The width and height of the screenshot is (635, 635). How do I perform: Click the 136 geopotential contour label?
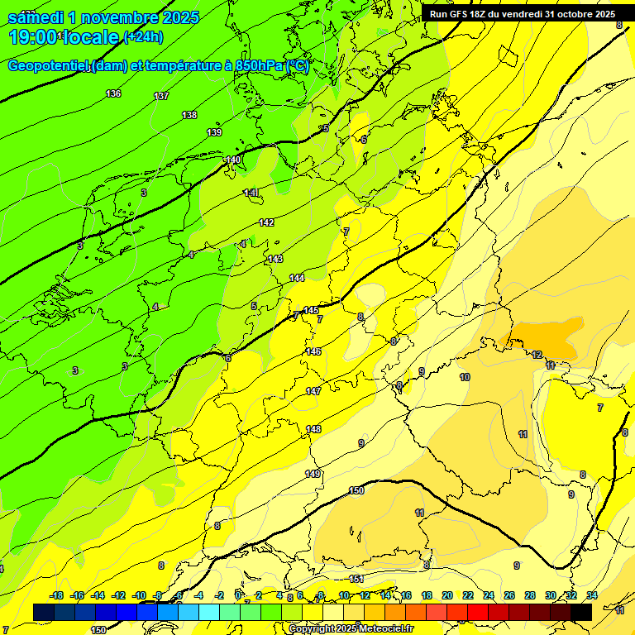coord(113,93)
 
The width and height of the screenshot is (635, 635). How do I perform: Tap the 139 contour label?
coord(214,132)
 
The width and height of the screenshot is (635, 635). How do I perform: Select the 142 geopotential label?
coord(266,222)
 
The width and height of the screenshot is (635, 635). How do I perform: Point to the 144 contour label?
coord(297,278)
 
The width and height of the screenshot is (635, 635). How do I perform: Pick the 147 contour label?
coord(313,391)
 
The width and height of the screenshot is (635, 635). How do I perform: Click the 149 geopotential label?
coord(312,474)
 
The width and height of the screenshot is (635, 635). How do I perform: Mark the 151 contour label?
coord(356,579)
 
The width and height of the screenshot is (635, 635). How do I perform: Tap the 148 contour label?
coord(313,429)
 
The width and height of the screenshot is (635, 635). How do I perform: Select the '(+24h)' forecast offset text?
coord(144,37)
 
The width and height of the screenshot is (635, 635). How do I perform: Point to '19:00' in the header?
coord(34,37)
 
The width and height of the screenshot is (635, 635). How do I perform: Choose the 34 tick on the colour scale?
coord(591,595)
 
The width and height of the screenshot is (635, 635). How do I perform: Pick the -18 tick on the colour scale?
coord(56,595)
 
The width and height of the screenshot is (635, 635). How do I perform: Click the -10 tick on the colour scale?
coord(139,595)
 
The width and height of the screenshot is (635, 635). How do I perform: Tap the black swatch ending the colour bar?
coord(581,612)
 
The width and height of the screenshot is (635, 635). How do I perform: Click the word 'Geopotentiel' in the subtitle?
coord(47,66)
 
